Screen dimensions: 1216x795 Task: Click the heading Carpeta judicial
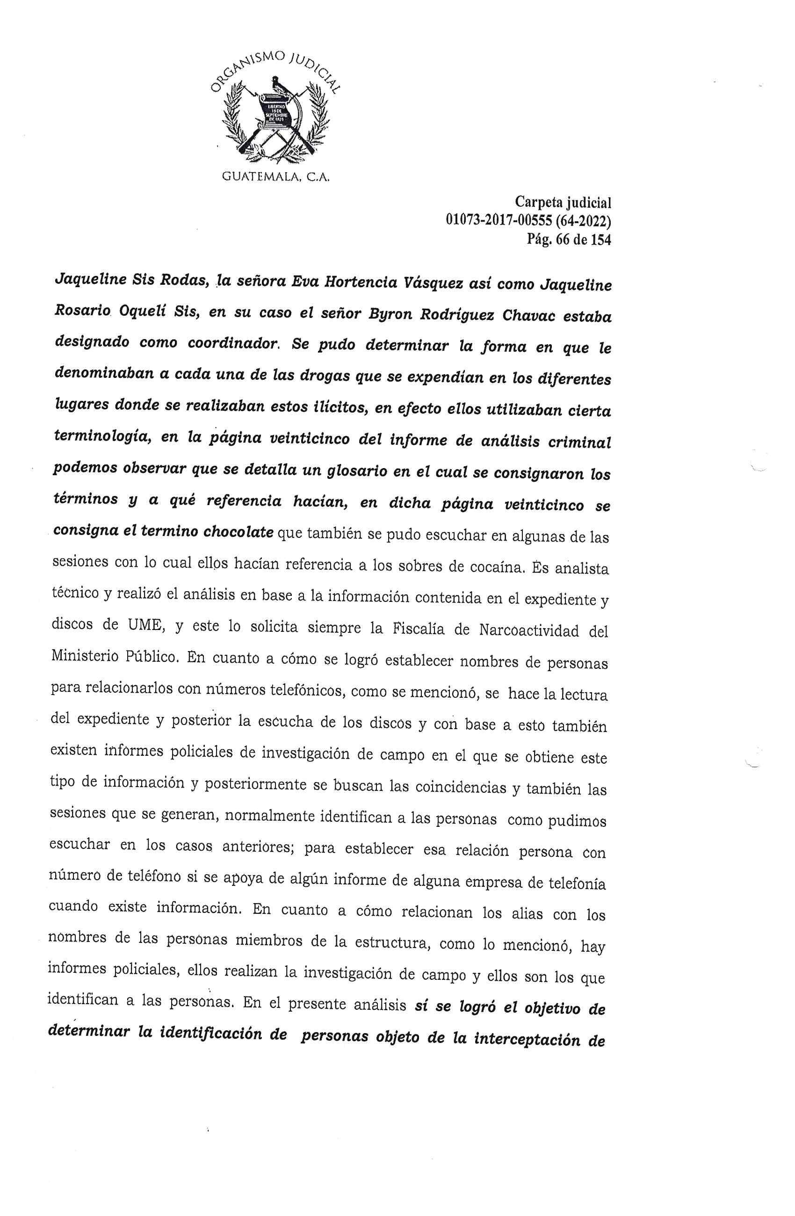[x=563, y=203]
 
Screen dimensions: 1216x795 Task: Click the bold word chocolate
[x=238, y=532]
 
